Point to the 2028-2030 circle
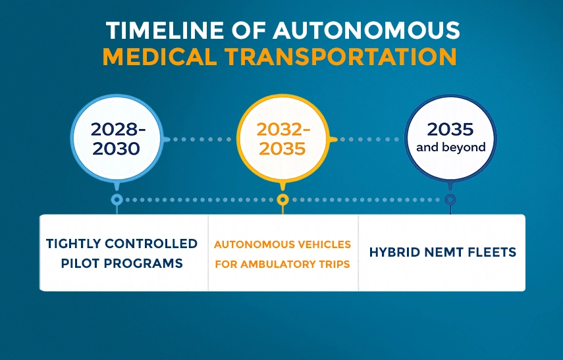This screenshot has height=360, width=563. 116,139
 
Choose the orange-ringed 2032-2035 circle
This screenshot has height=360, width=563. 282,139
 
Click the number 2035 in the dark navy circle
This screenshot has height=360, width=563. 450,129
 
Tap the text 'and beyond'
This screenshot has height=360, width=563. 450,147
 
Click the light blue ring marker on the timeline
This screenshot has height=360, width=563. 117,199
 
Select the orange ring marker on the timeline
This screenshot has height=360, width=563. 282,199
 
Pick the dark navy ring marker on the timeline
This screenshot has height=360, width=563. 450,199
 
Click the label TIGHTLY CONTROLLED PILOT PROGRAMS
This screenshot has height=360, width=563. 122,253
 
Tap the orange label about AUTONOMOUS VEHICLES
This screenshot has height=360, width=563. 282,253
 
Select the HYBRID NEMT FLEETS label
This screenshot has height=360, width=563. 442,252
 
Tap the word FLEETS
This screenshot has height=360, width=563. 493,252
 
